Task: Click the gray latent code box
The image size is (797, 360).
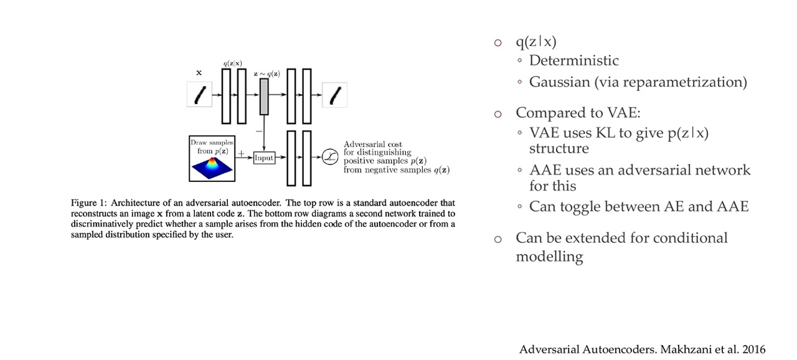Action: click(x=264, y=97)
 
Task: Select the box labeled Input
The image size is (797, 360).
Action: click(x=264, y=158)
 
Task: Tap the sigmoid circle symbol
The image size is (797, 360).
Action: click(x=329, y=158)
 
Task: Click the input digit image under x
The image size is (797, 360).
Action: click(x=199, y=95)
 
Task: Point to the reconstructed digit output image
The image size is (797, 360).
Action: click(x=334, y=95)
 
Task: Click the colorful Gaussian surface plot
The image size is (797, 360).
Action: click(x=212, y=166)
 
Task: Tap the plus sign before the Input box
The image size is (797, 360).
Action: click(x=242, y=154)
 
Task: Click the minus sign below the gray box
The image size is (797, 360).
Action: click(x=258, y=131)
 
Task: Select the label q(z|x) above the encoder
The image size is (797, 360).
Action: click(x=233, y=64)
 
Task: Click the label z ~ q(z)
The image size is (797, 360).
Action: click(x=266, y=73)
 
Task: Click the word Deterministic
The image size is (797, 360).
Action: click(x=573, y=60)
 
